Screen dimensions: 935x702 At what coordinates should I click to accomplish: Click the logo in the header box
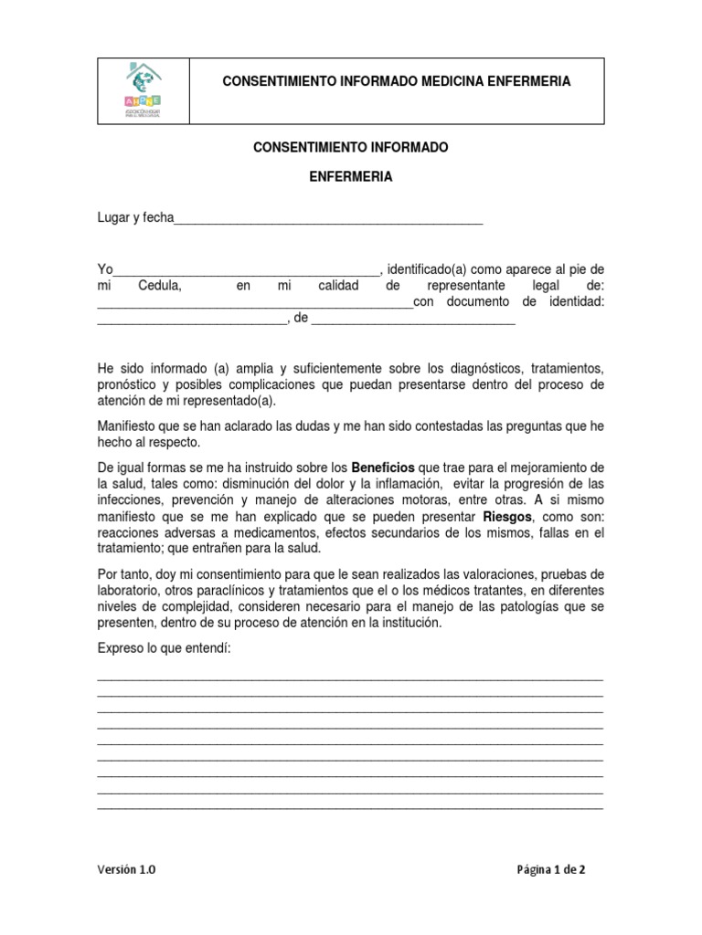pyautogui.click(x=143, y=90)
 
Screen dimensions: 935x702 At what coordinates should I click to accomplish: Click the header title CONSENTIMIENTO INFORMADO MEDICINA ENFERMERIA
pyautogui.click(x=397, y=81)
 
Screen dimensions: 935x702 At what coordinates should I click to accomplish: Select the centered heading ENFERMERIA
pyautogui.click(x=350, y=177)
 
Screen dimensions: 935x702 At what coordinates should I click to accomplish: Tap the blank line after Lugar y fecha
pyautogui.click(x=328, y=220)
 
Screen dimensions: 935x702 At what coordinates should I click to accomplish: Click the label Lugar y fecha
pyautogui.click(x=135, y=218)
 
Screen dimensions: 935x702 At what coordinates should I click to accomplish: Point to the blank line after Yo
pyautogui.click(x=245, y=271)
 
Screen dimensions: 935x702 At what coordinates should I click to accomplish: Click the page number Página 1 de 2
pyautogui.click(x=551, y=870)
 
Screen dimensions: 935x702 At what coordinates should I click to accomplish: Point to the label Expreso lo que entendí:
pyautogui.click(x=164, y=647)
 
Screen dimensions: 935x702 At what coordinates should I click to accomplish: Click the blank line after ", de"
pyautogui.click(x=414, y=321)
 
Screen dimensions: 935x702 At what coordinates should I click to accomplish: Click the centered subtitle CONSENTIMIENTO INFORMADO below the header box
pyautogui.click(x=350, y=147)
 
